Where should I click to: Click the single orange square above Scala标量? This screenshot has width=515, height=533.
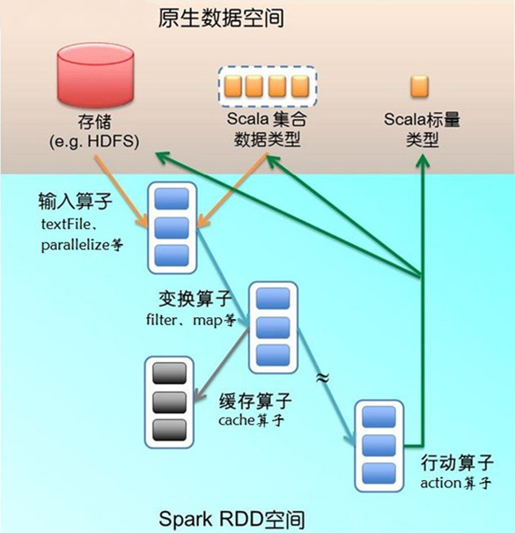(x=420, y=86)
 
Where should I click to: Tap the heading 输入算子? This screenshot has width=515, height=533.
(x=74, y=202)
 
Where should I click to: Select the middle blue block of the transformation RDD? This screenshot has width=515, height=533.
(x=272, y=327)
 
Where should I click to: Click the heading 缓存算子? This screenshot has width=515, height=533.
(x=254, y=402)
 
